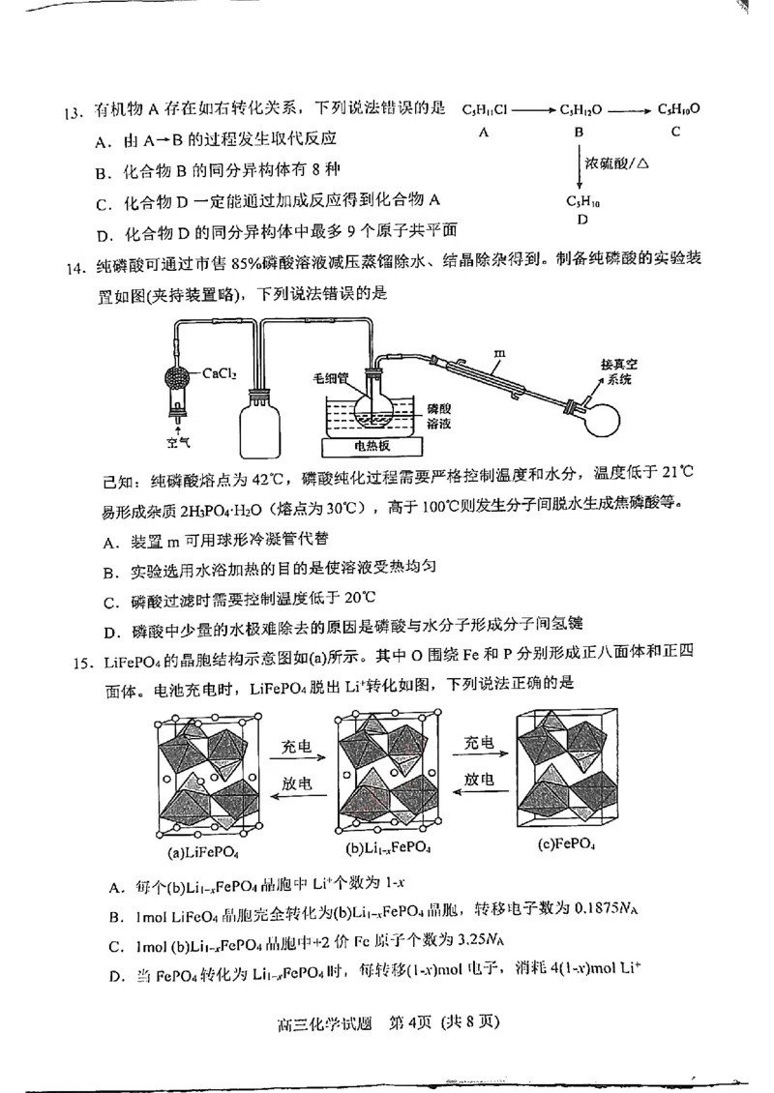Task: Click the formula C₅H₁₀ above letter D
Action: point(581,201)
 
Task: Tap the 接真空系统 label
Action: point(619,370)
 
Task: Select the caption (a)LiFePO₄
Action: point(203,852)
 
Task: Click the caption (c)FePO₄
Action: point(567,843)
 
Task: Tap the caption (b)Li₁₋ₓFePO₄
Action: point(388,849)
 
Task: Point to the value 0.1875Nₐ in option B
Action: point(607,910)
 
